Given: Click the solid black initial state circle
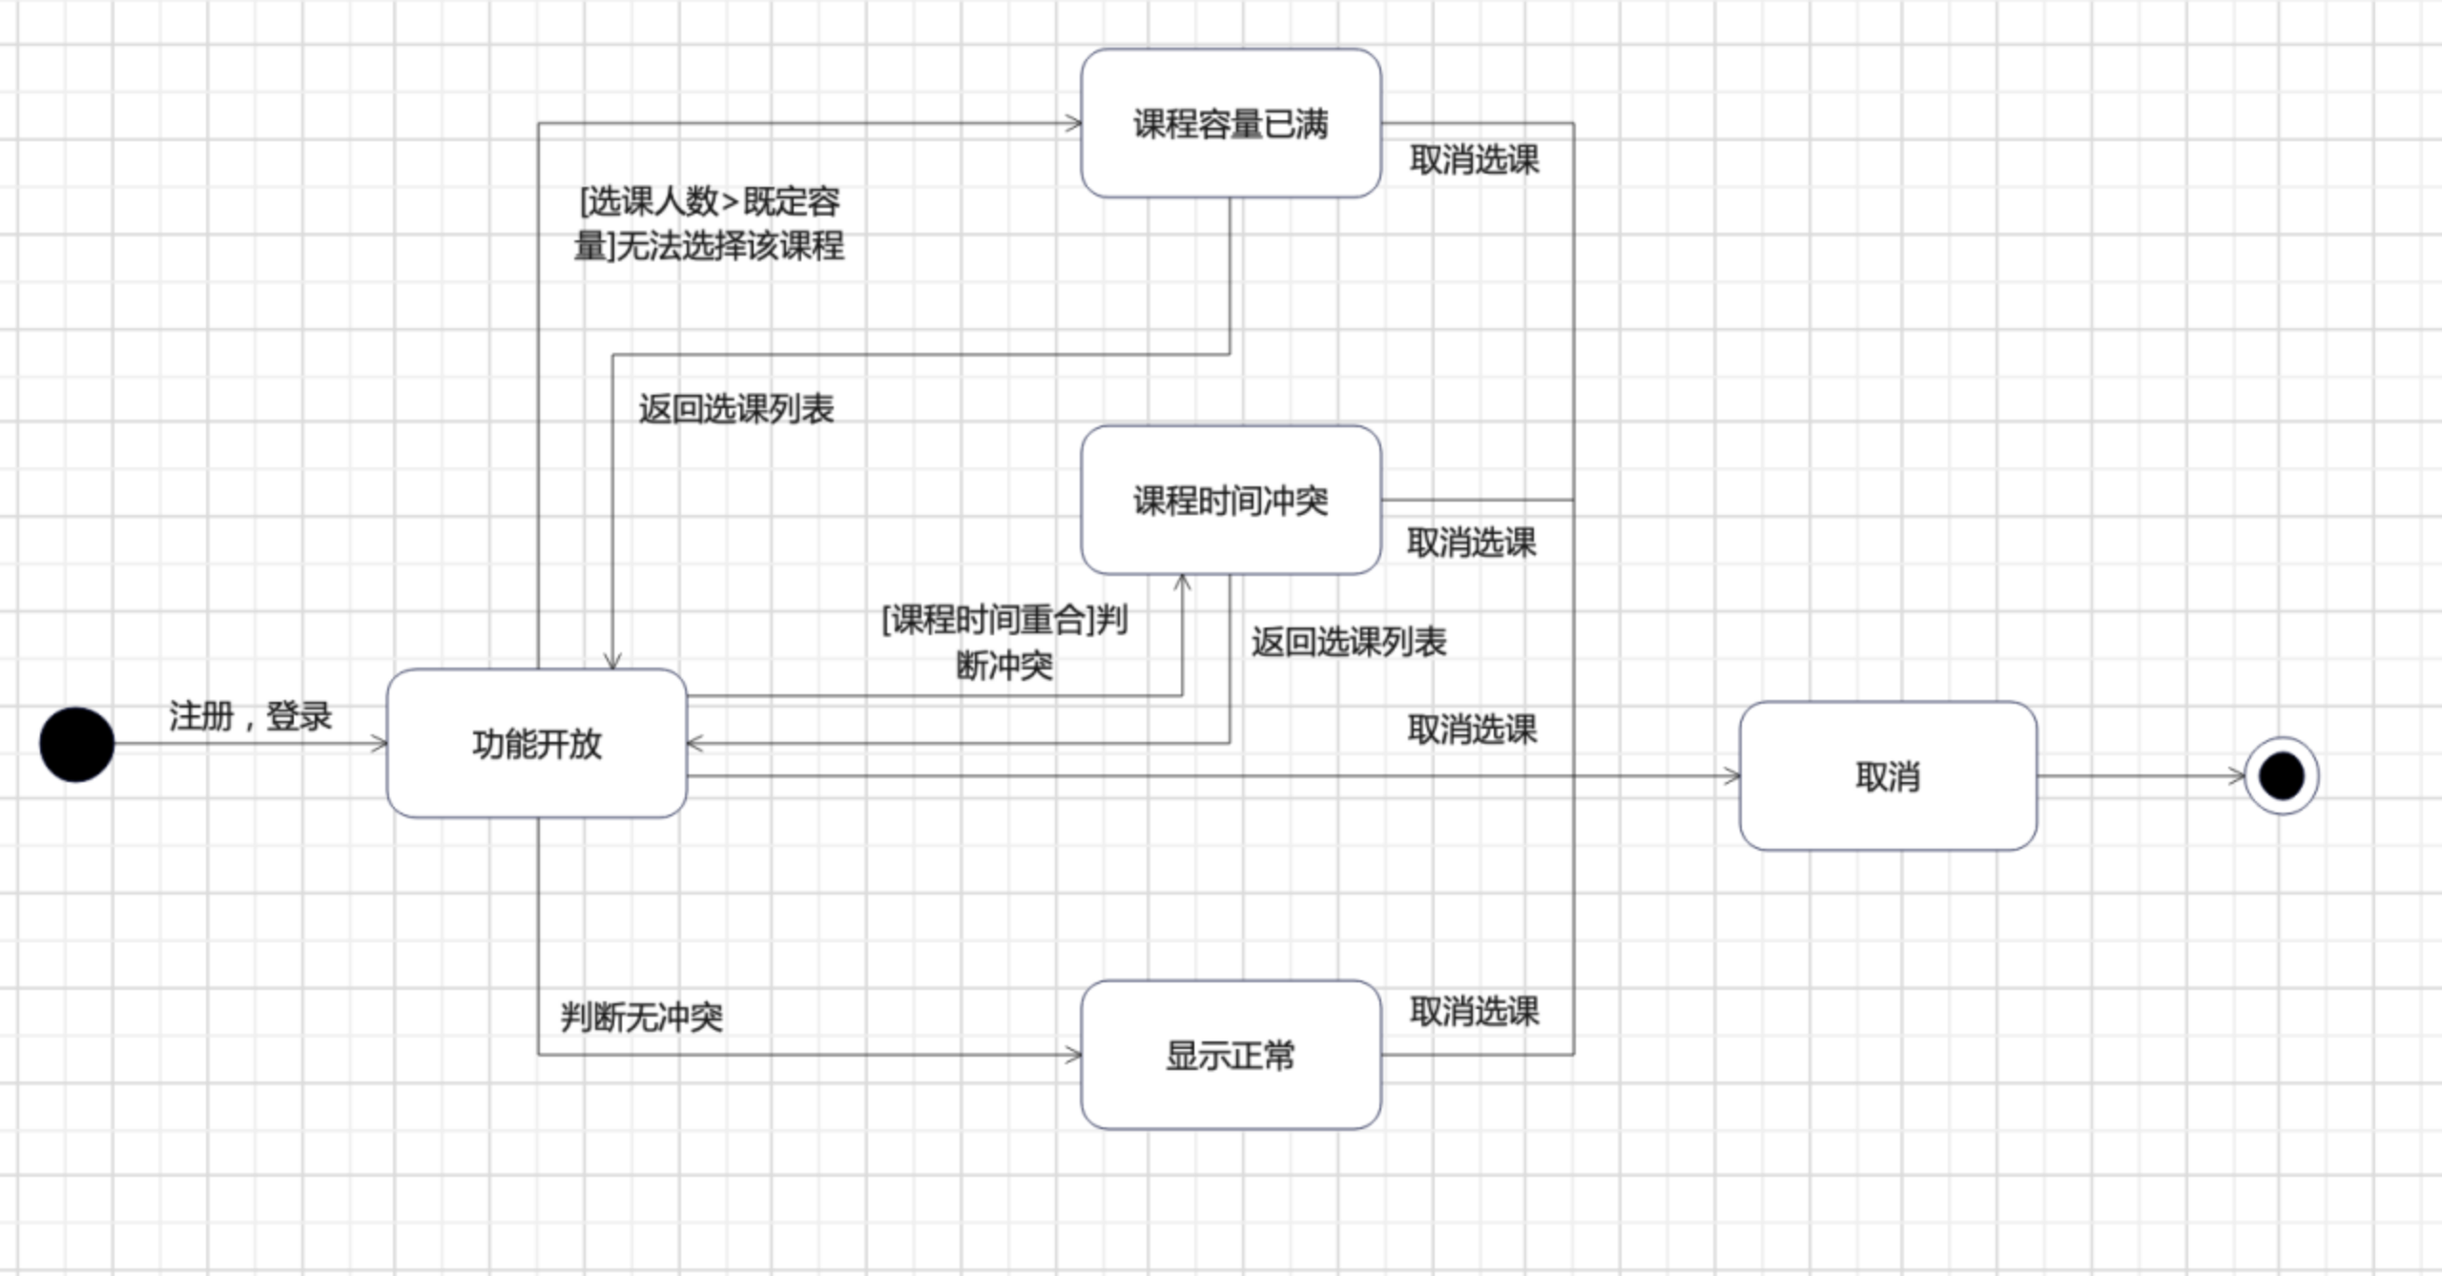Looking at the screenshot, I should click(x=76, y=744).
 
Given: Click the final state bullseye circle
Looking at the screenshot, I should click(x=2282, y=775).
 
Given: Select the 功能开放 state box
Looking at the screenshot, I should click(x=537, y=743).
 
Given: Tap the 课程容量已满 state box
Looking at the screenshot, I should click(x=1231, y=123).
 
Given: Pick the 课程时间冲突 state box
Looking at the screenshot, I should click(x=1231, y=500).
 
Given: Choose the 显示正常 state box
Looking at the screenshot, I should click(x=1231, y=1055).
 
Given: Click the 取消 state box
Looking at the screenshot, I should click(x=1888, y=776).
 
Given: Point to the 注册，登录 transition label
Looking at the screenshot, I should click(x=250, y=715).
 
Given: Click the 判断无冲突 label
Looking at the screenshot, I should click(x=641, y=1017).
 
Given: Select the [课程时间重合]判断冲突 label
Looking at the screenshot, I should click(x=1004, y=642).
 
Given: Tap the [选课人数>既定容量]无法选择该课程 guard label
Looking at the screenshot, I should click(x=709, y=223).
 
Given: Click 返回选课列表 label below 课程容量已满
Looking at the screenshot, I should click(x=735, y=409).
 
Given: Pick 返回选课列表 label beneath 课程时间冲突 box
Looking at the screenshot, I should click(x=1349, y=642).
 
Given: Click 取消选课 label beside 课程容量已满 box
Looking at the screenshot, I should click(x=1474, y=159).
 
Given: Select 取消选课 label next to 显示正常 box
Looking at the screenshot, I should click(x=1474, y=1011).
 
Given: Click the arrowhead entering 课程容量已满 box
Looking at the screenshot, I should click(x=1074, y=123).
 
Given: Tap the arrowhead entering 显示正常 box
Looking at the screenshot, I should click(x=1074, y=1055).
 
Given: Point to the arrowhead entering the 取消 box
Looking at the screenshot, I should click(x=1732, y=776).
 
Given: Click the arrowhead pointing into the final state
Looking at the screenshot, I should click(x=2238, y=776).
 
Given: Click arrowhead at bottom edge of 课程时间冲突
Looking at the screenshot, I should click(x=1182, y=582).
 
